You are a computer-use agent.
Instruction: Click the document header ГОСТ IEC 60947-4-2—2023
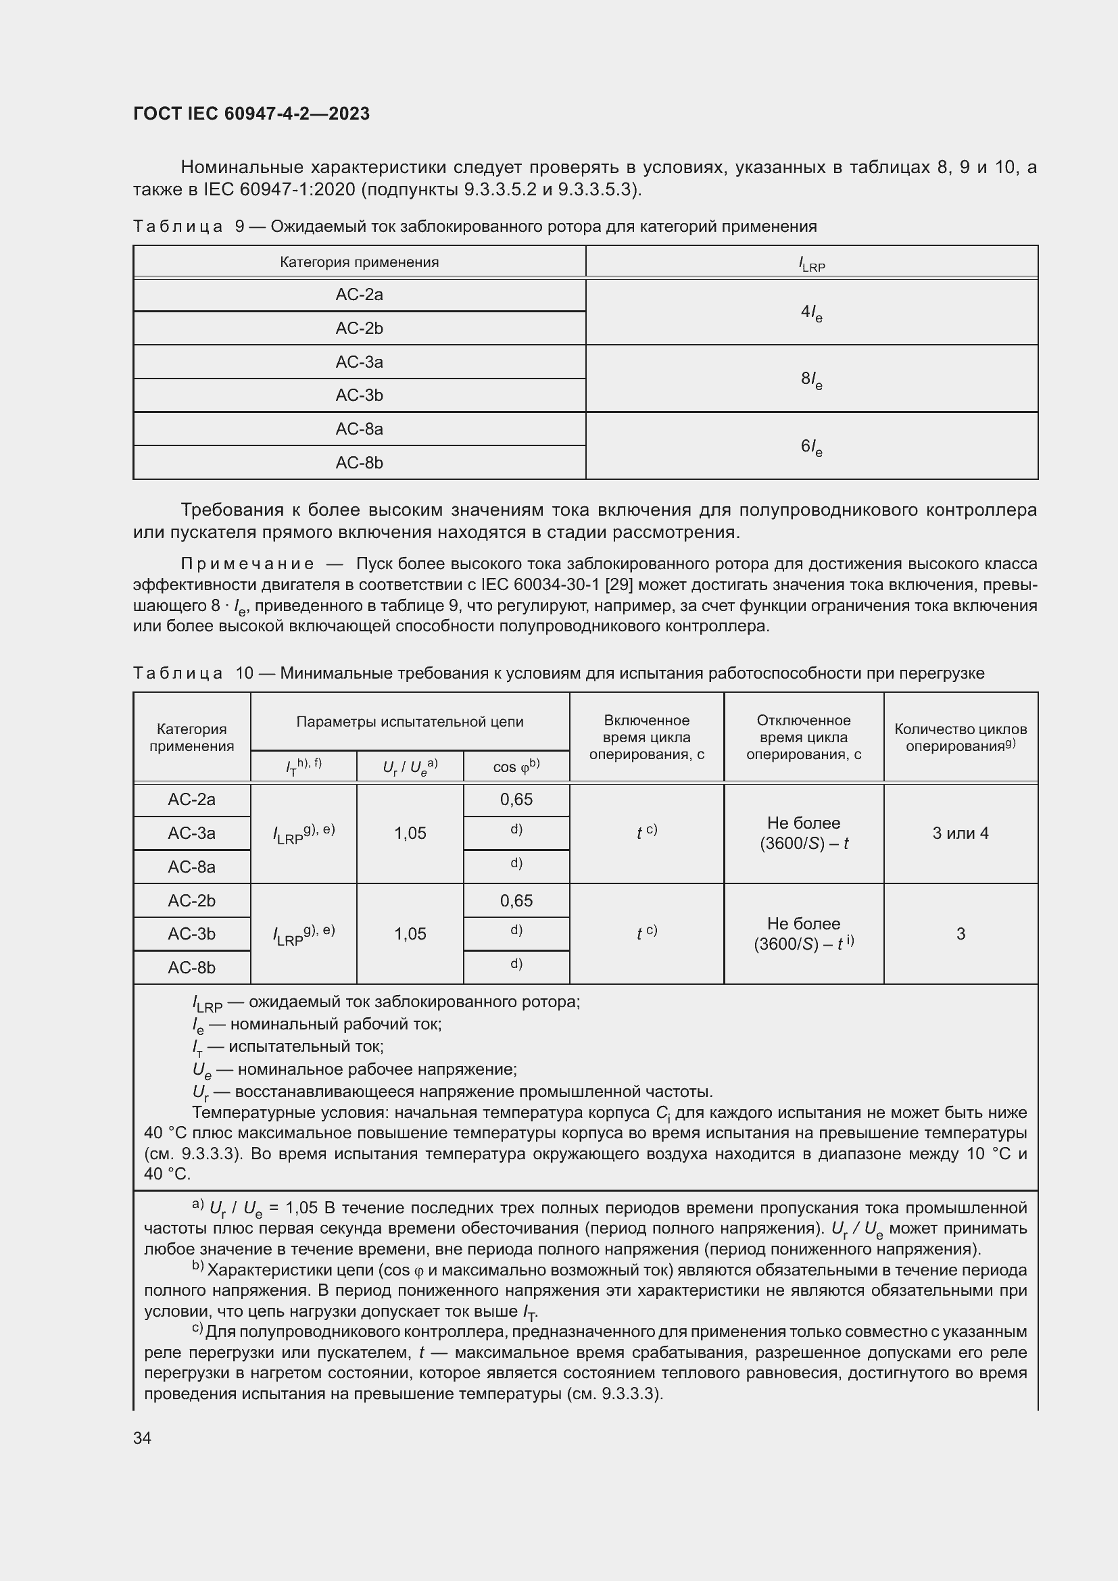coord(251,114)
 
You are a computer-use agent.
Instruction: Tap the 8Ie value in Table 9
coord(811,379)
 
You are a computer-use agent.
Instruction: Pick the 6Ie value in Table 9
coord(811,447)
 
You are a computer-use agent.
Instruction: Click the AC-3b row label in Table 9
coord(359,395)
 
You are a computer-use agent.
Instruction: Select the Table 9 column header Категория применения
coord(359,262)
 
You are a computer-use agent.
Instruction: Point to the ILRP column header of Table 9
coord(811,264)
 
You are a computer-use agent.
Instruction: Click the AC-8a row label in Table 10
coord(191,867)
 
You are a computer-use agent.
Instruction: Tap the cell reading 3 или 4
coord(960,833)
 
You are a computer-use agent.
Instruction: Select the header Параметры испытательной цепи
coord(410,722)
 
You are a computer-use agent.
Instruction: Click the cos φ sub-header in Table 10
coord(516,767)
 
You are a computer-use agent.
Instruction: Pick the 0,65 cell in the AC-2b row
coord(516,900)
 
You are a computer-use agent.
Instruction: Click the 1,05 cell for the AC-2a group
coord(410,833)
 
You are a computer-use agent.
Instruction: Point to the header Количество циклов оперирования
coord(960,737)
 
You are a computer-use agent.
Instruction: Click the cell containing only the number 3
coord(960,933)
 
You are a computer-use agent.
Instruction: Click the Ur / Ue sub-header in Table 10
coord(410,767)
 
